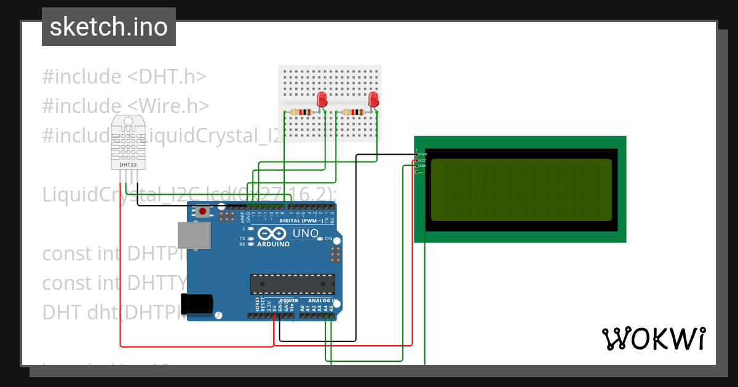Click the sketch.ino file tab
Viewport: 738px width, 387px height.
coord(109,27)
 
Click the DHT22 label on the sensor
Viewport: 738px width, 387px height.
coord(128,165)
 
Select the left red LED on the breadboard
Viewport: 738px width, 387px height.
coord(322,100)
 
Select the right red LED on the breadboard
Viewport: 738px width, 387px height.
coord(373,100)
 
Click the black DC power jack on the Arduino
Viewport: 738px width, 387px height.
coord(197,305)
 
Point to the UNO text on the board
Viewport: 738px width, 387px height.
coord(305,233)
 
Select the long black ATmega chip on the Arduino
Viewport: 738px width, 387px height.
coord(293,284)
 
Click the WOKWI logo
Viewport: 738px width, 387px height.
coord(653,339)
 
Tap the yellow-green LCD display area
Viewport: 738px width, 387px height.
coord(522,190)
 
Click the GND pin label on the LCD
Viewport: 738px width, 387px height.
coord(423,154)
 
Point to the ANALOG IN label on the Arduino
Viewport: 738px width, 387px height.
coord(319,301)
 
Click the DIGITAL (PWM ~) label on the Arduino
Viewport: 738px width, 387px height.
coord(301,221)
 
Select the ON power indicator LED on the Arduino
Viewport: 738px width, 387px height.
coord(321,238)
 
